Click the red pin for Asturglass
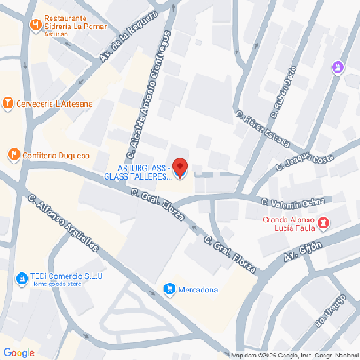[180, 166]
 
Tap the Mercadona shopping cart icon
[169, 288]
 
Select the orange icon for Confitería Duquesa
[13, 156]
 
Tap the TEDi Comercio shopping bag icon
[20, 279]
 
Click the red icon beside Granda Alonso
[324, 220]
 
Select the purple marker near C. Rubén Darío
[337, 68]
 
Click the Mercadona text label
[200, 289]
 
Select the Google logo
[19, 352]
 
